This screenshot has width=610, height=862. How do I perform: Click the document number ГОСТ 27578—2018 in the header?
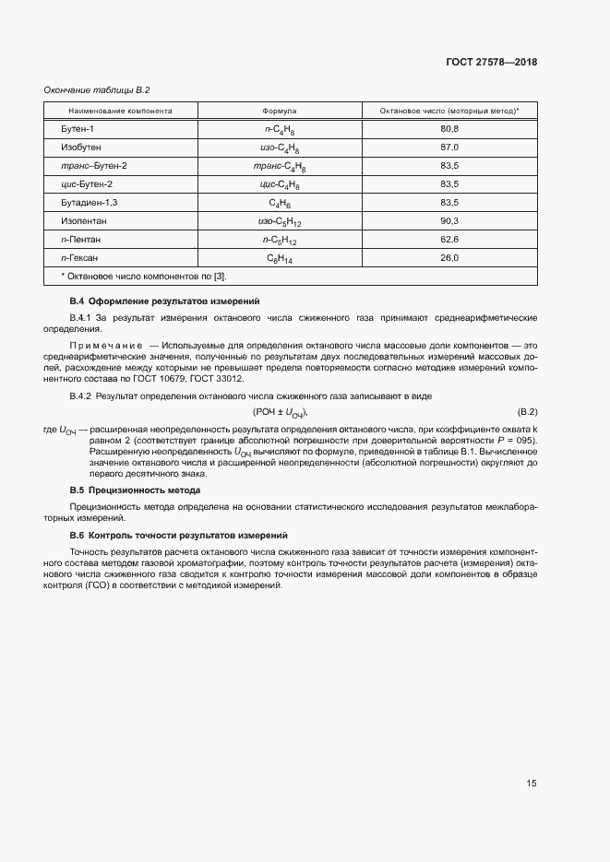tap(491, 62)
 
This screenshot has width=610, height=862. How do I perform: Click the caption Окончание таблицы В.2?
tap(97, 89)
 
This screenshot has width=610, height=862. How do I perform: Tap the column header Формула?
tap(280, 111)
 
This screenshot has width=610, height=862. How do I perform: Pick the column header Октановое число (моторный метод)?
tap(449, 111)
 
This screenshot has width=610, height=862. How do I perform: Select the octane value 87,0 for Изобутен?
tap(449, 148)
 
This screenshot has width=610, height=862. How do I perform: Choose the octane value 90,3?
tap(449, 221)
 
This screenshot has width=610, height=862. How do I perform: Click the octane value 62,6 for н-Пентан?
tap(449, 240)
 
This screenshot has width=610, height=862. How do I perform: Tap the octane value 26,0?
tap(449, 258)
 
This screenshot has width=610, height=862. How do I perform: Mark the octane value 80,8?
tap(449, 129)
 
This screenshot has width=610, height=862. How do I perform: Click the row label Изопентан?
tap(84, 221)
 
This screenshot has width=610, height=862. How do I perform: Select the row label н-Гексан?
tap(79, 258)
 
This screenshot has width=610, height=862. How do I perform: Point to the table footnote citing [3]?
tap(143, 277)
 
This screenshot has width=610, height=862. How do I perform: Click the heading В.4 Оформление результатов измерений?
tap(165, 301)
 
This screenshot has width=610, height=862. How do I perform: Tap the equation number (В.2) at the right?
tap(527, 411)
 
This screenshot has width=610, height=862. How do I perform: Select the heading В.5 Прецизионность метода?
tap(136, 490)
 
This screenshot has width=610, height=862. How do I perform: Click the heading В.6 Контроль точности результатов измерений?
tap(179, 536)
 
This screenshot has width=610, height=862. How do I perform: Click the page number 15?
tap(532, 784)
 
